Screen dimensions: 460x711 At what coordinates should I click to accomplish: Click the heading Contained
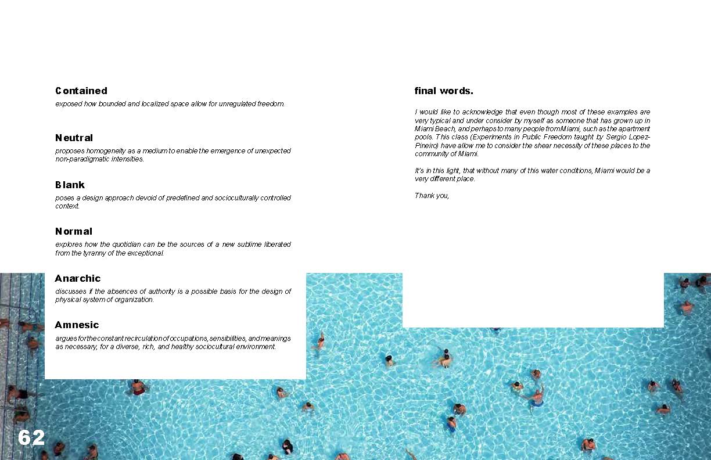click(x=81, y=91)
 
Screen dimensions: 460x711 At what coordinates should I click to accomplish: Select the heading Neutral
click(x=74, y=138)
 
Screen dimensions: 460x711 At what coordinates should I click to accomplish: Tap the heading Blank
click(x=70, y=185)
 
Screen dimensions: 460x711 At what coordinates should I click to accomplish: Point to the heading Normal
click(x=74, y=231)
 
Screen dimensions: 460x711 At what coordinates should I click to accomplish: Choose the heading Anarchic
click(x=78, y=278)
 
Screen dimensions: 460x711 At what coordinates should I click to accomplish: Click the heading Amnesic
click(x=77, y=325)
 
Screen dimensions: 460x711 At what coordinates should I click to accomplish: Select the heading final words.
click(x=444, y=91)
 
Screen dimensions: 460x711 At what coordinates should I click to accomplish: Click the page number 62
click(x=31, y=437)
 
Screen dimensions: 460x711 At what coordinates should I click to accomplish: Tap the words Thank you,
click(x=432, y=196)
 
